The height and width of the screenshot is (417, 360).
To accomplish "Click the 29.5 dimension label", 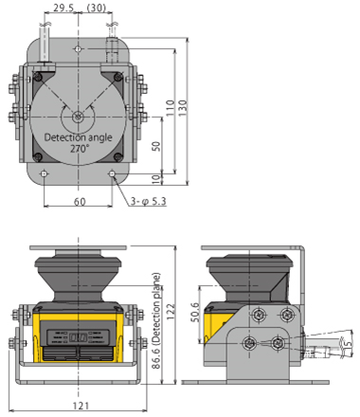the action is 63,8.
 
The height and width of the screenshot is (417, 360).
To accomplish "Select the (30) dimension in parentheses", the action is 96,8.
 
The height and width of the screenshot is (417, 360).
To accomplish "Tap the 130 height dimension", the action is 183,108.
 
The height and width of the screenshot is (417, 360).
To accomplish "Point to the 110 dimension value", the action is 171,108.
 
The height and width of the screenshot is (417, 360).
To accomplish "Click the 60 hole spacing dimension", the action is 80,202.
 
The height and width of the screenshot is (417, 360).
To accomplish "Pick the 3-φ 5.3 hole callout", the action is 149,201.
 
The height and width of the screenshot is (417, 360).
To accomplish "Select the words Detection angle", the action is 78,137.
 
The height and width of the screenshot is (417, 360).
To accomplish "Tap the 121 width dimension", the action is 81,406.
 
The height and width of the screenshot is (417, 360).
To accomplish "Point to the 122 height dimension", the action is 171,312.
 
